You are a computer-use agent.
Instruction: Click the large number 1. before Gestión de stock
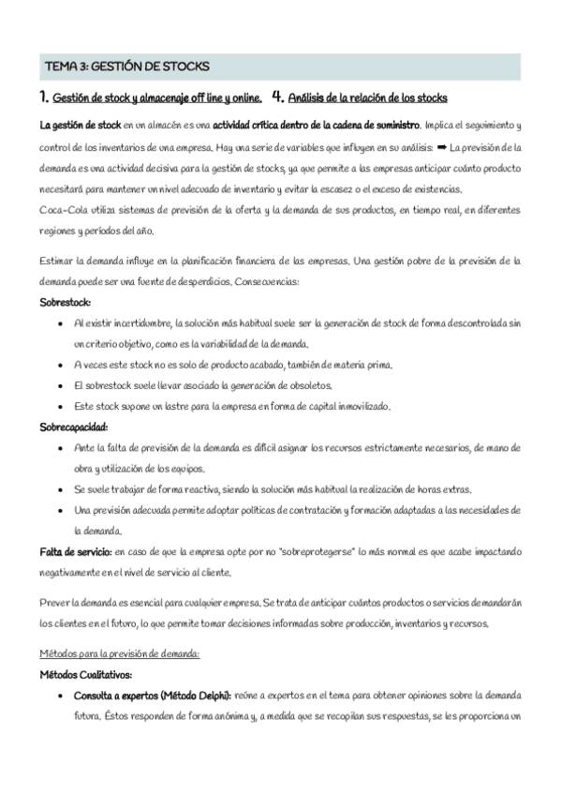(43, 97)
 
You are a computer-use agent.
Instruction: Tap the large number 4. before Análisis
(276, 97)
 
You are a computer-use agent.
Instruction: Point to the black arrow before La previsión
(442, 148)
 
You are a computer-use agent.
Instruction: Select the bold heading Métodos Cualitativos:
(85, 674)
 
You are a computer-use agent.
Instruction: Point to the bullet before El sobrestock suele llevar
(61, 385)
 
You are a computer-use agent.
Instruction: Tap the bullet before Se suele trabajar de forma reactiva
(61, 489)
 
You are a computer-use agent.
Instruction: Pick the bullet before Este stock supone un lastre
(61, 406)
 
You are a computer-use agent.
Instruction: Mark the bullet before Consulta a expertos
(61, 696)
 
